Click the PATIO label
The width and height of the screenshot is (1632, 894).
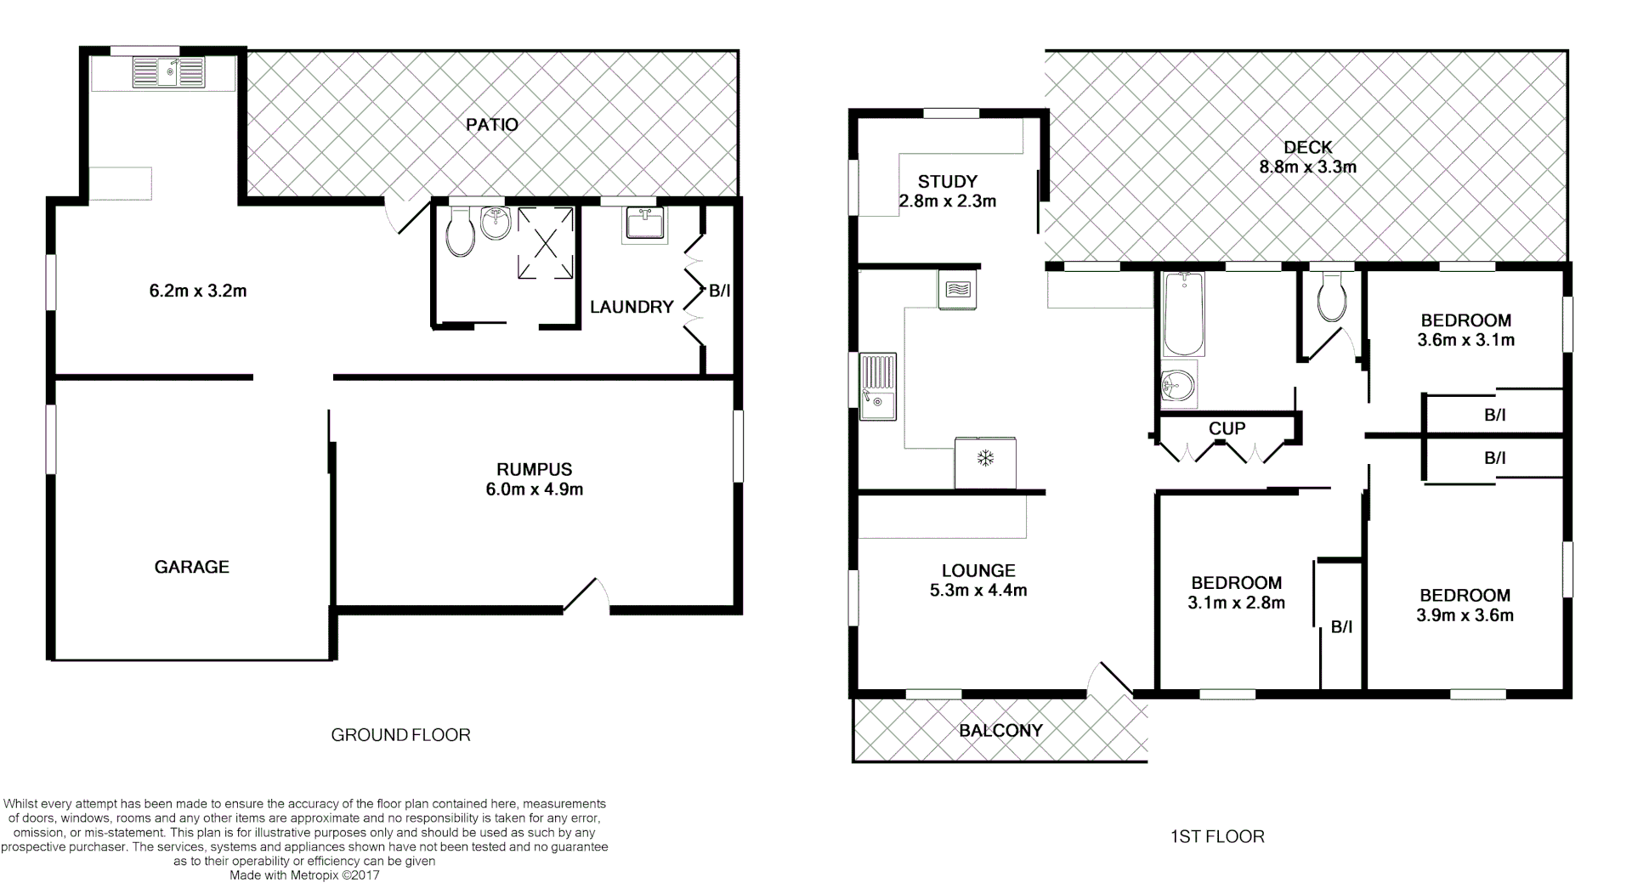[492, 125]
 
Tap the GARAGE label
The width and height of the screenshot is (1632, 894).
[192, 567]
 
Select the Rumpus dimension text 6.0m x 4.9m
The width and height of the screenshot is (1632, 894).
[535, 489]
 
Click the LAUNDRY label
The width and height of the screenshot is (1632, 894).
[632, 307]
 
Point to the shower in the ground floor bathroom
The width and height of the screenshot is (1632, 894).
[545, 243]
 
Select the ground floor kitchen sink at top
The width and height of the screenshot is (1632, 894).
[168, 71]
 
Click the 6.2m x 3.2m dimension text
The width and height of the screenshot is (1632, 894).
[198, 291]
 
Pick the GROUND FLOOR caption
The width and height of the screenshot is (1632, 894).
[400, 735]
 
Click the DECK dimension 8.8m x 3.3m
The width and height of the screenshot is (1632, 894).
[1307, 167]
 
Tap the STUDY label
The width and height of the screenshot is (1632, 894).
[948, 181]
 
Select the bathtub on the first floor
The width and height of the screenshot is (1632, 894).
[1183, 314]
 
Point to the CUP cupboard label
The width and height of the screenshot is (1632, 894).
[1227, 428]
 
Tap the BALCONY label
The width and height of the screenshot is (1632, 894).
[1000, 730]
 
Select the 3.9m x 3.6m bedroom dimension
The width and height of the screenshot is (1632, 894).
[1465, 615]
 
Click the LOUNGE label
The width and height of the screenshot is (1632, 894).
[978, 570]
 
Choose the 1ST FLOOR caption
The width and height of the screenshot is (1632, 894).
[1217, 837]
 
